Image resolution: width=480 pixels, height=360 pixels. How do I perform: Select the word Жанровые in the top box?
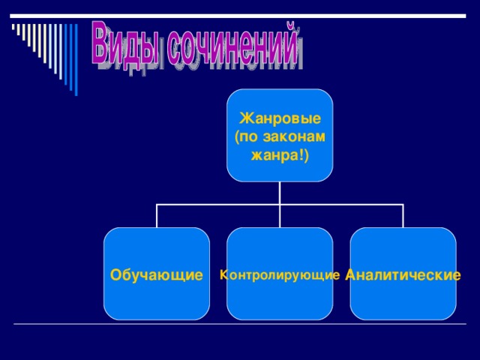click(x=280, y=119)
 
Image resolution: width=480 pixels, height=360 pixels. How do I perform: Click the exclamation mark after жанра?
click(x=304, y=154)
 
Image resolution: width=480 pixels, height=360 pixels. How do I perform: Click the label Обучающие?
click(x=156, y=275)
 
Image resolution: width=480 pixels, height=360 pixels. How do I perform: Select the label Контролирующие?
click(x=280, y=275)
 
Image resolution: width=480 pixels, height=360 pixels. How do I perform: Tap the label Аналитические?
click(x=403, y=275)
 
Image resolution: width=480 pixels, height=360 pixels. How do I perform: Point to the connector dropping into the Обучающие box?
click(x=157, y=216)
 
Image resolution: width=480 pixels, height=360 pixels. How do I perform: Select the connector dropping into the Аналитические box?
click(x=403, y=216)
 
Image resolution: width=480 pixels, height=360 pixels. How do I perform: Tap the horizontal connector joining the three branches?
click(x=217, y=204)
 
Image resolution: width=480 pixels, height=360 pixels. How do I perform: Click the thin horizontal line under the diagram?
click(x=240, y=324)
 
